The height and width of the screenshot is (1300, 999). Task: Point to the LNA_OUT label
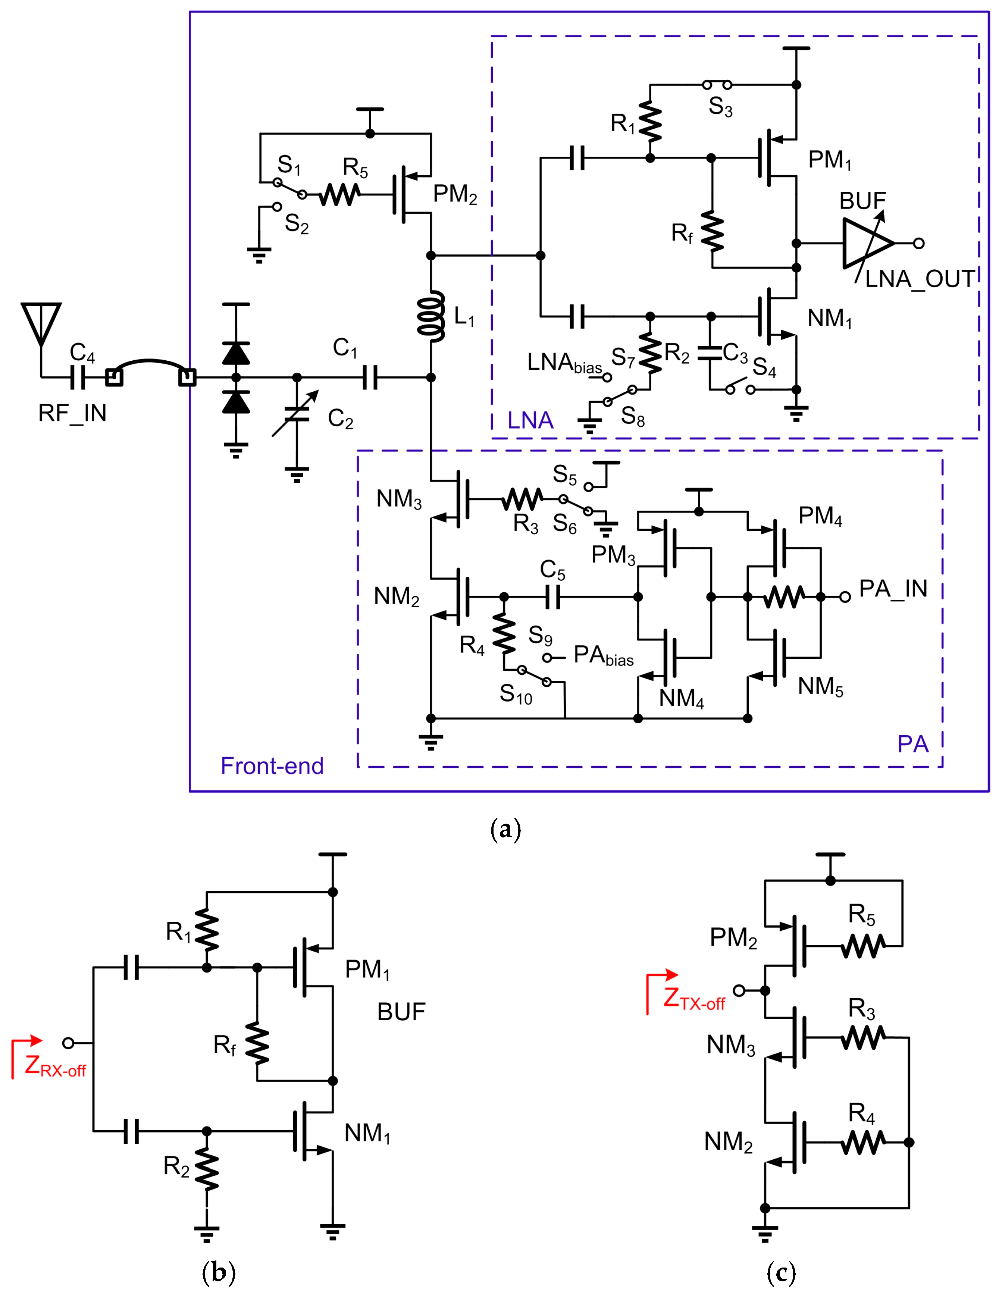[x=919, y=279]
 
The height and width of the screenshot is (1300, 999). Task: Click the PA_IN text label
[x=893, y=589]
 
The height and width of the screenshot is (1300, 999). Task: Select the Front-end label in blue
[x=272, y=766]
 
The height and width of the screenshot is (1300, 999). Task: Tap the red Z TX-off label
[x=693, y=999]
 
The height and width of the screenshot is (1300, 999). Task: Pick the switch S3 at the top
[x=717, y=85]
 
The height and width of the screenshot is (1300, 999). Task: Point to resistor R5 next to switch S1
[x=339, y=194]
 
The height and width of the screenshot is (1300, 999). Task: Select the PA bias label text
[x=603, y=656]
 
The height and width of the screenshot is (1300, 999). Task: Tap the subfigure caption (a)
[x=505, y=828]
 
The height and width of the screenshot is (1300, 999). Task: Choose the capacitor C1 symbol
[x=370, y=377]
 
